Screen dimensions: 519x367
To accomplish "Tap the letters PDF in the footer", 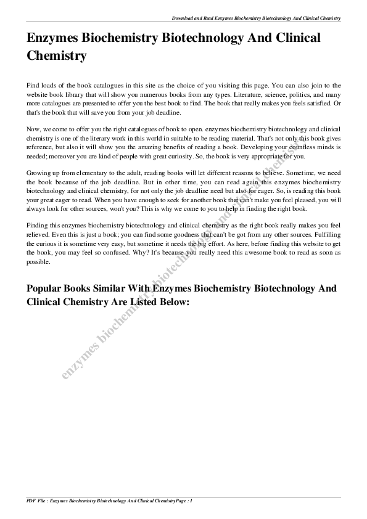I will (32, 501).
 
